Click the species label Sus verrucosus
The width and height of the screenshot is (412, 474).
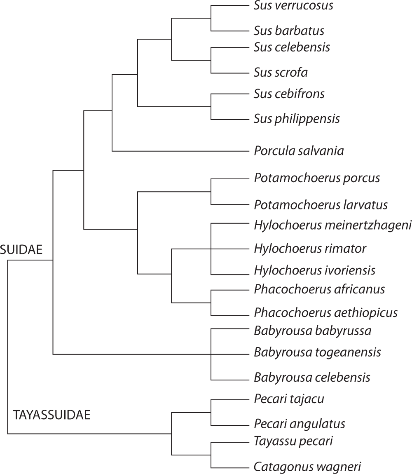tap(293, 6)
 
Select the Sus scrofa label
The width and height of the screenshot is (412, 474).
tap(281, 73)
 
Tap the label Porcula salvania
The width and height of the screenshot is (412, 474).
tap(299, 151)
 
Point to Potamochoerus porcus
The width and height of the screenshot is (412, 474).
tap(317, 178)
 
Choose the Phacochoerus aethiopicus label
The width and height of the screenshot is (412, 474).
tap(325, 312)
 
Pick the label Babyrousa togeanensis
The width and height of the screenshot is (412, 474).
tap(317, 352)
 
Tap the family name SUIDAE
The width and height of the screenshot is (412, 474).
tap(21, 249)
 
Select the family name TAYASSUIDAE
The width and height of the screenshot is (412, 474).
tap(51, 415)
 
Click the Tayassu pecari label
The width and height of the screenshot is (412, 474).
tap(293, 441)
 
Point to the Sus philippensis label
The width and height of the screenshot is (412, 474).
tap(297, 119)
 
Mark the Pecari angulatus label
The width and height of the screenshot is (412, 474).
tap(300, 423)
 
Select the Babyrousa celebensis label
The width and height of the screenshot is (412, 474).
tap(312, 377)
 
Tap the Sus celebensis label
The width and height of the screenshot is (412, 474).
tap(292, 47)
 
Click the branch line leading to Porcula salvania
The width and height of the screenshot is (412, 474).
tap(181, 151)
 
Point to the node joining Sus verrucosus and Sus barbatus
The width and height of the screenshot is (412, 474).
tap(211, 18)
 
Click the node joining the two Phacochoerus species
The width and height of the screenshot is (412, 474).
tap(211, 303)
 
